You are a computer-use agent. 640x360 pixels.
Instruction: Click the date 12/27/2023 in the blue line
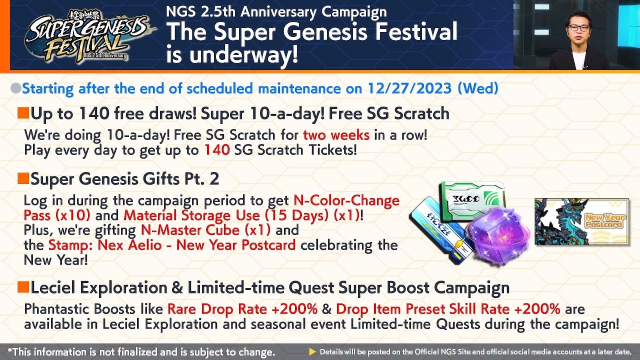[x=410, y=88]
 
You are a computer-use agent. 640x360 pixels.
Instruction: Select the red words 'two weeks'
[x=336, y=134]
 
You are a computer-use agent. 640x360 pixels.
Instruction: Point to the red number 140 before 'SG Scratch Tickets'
[x=216, y=149]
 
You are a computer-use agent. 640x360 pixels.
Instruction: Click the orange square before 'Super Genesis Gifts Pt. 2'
[x=23, y=178]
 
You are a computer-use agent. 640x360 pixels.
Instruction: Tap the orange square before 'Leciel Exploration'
[x=23, y=287]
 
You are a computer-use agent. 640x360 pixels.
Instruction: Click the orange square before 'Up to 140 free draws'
[x=23, y=113]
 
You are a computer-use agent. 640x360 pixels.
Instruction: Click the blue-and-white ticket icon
[x=435, y=227]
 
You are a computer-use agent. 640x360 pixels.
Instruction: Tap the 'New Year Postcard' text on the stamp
[x=605, y=220]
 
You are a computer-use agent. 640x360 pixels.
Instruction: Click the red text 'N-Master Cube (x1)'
[x=205, y=230]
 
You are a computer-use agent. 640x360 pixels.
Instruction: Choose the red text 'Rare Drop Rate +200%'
[x=242, y=309]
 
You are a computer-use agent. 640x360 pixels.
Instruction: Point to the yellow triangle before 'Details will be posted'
[x=312, y=352]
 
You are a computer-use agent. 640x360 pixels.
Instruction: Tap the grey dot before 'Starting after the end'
[x=15, y=88]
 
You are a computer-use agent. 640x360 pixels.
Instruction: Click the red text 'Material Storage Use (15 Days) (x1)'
[x=241, y=215]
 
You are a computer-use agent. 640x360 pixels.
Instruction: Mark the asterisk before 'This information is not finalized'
[x=10, y=351]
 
